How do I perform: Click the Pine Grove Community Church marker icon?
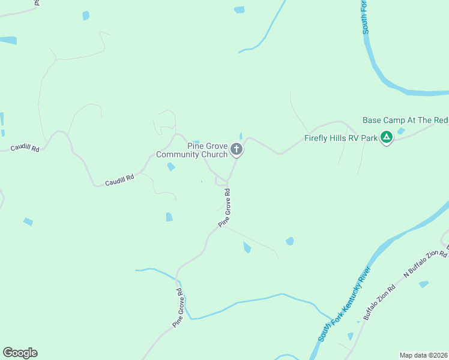click(237, 149)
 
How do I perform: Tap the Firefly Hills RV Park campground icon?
click(387, 138)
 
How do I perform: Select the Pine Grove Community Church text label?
click(192, 150)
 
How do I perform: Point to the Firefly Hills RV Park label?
click(341, 138)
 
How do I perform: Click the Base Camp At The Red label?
click(405, 120)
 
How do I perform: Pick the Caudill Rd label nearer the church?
click(119, 178)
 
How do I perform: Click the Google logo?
click(20, 353)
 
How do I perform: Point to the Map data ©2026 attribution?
click(424, 355)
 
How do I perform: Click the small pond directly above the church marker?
click(241, 136)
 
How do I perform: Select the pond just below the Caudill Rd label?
click(171, 167)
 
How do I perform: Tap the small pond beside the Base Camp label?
click(401, 131)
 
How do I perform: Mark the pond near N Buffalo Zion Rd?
click(424, 284)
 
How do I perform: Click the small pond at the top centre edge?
click(240, 10)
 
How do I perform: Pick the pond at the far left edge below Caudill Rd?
click(28, 222)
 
